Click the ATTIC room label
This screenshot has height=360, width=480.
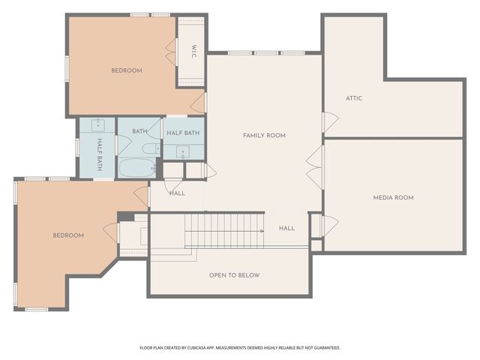click(x=355, y=98)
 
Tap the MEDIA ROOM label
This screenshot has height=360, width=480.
click(x=394, y=198)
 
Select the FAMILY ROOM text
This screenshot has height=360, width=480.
click(x=264, y=136)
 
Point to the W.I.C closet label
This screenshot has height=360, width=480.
click(x=193, y=52)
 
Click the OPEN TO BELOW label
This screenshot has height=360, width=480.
click(x=234, y=275)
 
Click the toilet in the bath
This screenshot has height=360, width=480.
click(x=151, y=148)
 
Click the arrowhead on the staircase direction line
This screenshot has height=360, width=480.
click(x=261, y=231)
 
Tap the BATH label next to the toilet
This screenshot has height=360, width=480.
click(x=139, y=132)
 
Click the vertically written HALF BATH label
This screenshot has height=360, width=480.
click(x=98, y=154)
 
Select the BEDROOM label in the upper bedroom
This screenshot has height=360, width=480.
click(x=127, y=70)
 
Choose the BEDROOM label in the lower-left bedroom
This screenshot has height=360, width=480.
click(x=68, y=235)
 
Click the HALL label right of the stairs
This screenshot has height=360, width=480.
click(x=286, y=228)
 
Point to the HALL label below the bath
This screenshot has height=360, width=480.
click(x=177, y=193)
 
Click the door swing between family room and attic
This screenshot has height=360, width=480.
click(x=328, y=122)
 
